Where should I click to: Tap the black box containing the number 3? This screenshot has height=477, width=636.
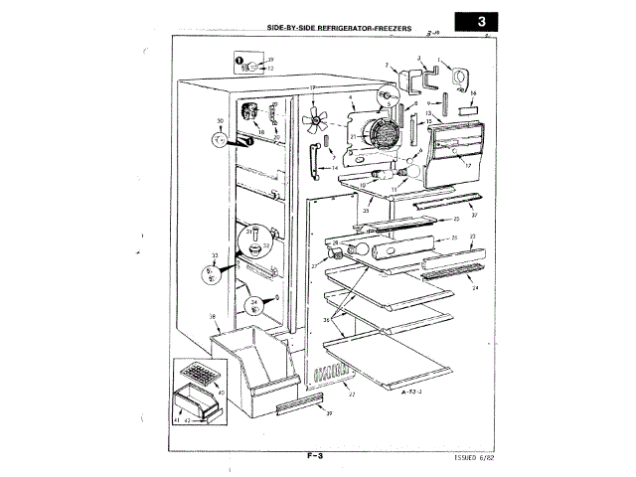point(481,20)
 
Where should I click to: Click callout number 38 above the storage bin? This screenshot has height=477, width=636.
point(213,318)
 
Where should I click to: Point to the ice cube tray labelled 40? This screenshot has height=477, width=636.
point(198,377)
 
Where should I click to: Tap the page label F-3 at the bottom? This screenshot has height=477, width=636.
point(317,456)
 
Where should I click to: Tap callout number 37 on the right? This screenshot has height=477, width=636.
point(474,215)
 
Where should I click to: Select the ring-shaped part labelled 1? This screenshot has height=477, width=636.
point(459,78)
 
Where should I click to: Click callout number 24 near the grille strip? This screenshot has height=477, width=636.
point(474,288)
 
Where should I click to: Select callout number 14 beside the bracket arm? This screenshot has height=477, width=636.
point(335,168)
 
